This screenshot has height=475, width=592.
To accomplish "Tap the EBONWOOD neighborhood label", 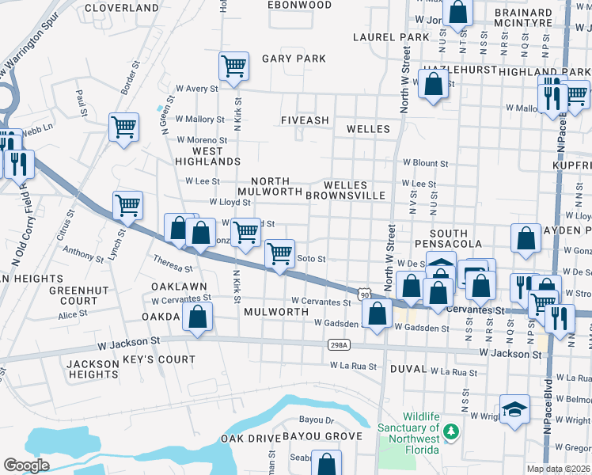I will point(299,5).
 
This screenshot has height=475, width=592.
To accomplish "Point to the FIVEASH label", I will point(305,120).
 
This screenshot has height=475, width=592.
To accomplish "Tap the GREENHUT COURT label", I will point(74,295).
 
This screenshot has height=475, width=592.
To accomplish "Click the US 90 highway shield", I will point(365,294).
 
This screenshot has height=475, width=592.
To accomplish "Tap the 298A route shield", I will point(338,345).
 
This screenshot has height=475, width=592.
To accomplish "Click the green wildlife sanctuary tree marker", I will point(450,431).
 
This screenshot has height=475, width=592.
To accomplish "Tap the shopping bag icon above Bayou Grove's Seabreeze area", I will point(326,462).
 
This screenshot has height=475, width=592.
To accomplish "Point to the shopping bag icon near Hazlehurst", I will point(433,83).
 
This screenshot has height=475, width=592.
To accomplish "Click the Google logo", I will point(26,465).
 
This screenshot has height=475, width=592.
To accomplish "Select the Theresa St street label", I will point(173,263).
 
